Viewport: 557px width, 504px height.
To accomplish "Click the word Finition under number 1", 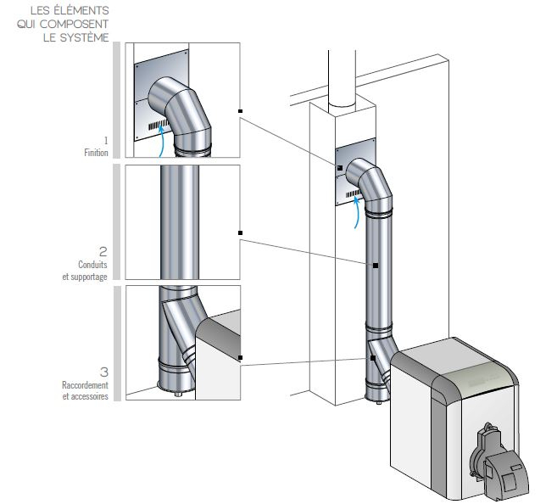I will coord(96,153).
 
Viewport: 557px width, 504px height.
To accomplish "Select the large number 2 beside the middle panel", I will coord(103,251).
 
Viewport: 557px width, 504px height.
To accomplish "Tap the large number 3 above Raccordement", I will coord(103,372).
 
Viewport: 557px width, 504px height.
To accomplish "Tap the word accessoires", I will coord(88,397).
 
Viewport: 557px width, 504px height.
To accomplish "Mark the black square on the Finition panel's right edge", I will coord(241,111).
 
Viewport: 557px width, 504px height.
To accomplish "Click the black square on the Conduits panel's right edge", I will coord(241,232).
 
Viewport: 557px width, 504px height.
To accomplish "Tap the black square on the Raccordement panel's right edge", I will coord(241,357).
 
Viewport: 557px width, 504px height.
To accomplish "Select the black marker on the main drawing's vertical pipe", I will coord(374,266).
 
